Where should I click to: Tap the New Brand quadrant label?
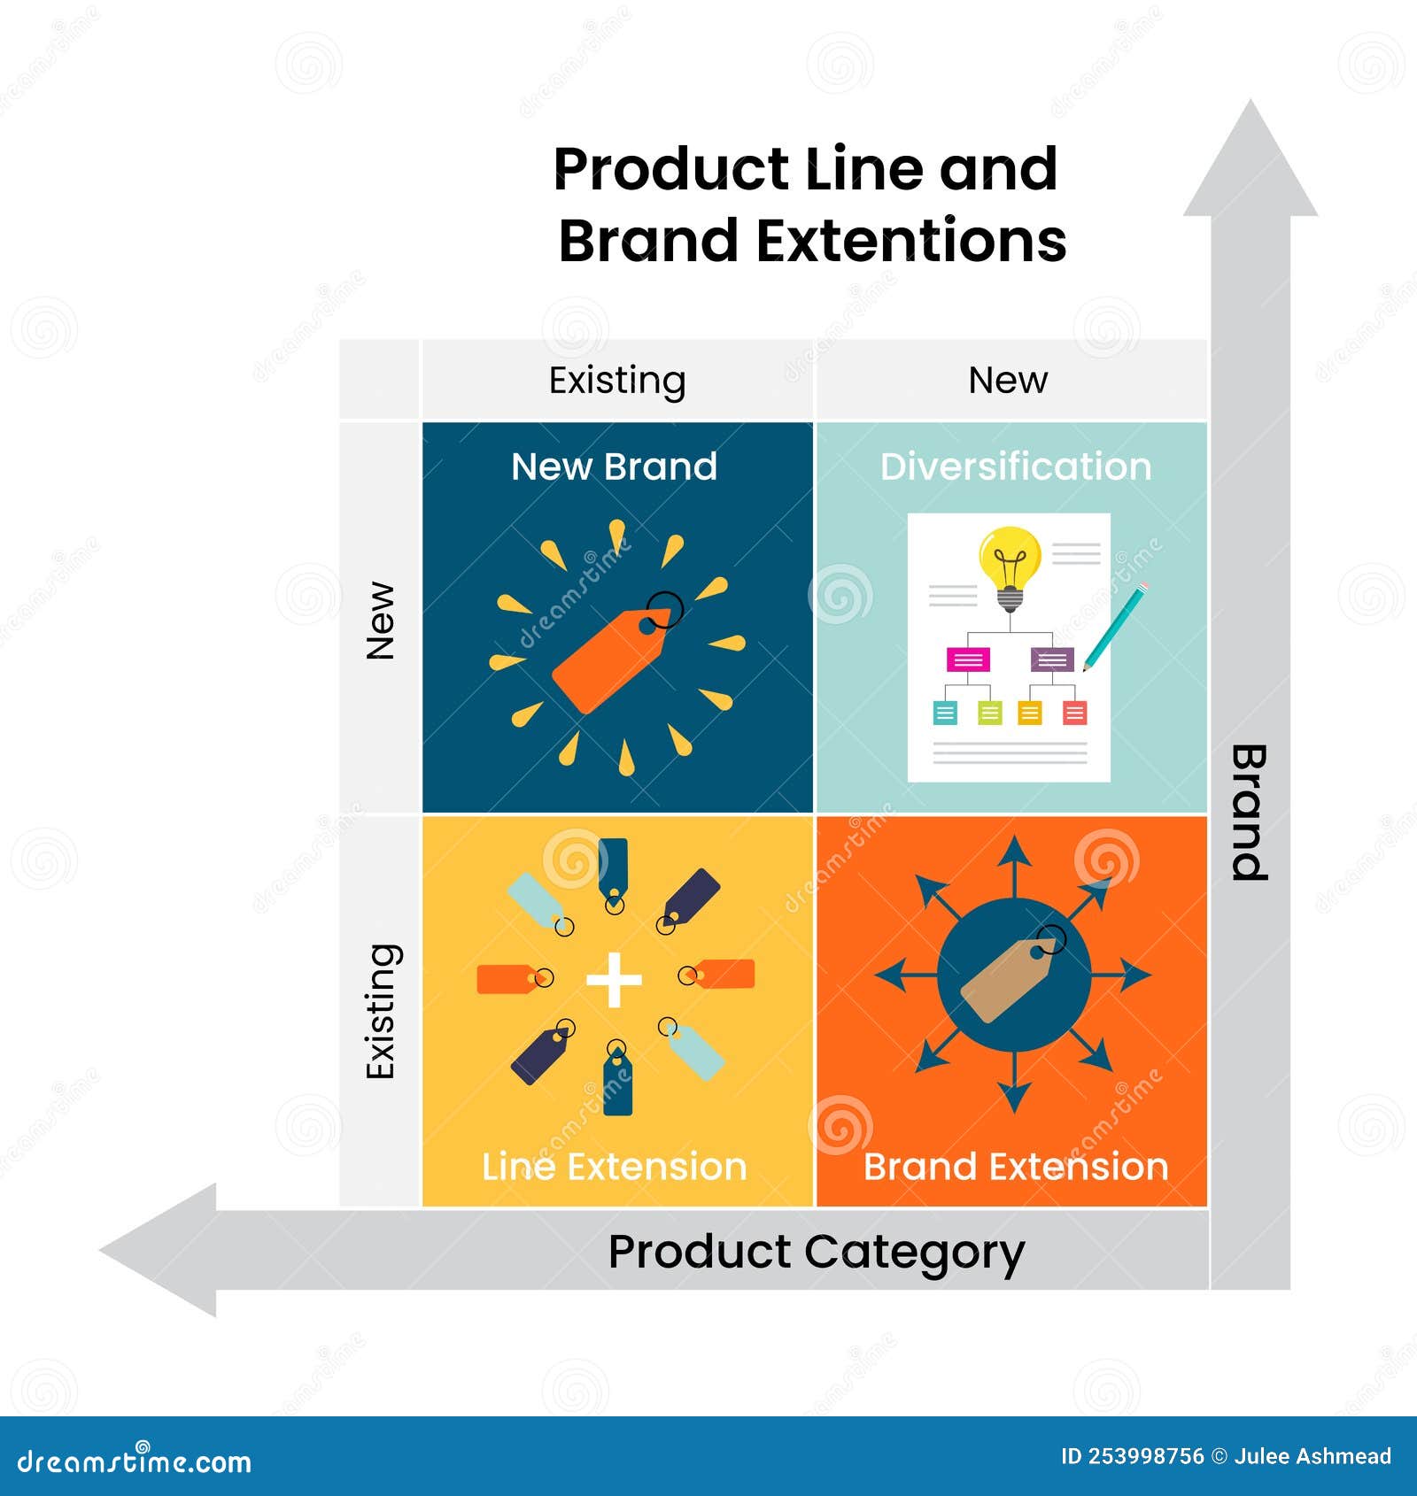point(614,467)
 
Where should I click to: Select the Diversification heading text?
point(1015,467)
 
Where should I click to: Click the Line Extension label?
point(614,1167)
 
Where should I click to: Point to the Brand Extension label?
point(1015,1167)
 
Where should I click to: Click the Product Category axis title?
point(816,1252)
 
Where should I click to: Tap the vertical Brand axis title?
point(1250,812)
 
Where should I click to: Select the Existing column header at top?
point(617,381)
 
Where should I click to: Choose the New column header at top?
point(1008,381)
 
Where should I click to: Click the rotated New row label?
point(380,620)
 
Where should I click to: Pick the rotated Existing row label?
point(380,1011)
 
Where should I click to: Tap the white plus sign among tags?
point(614,979)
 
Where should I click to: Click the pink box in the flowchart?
point(968,659)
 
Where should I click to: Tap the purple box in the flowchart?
point(1051,659)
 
